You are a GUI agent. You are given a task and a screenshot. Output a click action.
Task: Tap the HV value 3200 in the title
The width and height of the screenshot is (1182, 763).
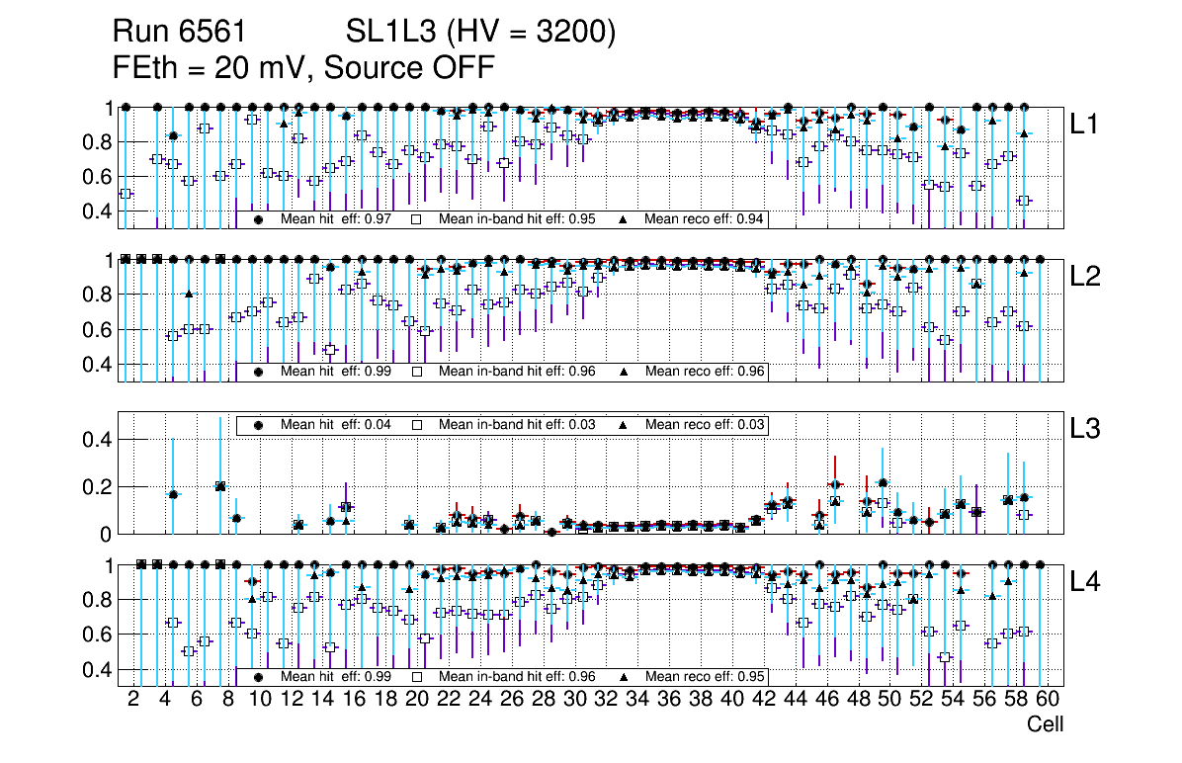(573, 34)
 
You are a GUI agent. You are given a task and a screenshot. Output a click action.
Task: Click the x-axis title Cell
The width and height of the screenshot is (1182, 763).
(1045, 724)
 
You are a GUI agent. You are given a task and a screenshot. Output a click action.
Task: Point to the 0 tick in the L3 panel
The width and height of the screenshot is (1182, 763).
(109, 534)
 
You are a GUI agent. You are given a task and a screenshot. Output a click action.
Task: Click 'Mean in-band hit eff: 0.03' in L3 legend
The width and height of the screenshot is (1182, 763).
(517, 425)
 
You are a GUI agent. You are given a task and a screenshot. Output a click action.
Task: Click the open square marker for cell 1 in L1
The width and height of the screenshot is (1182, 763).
(125, 194)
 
